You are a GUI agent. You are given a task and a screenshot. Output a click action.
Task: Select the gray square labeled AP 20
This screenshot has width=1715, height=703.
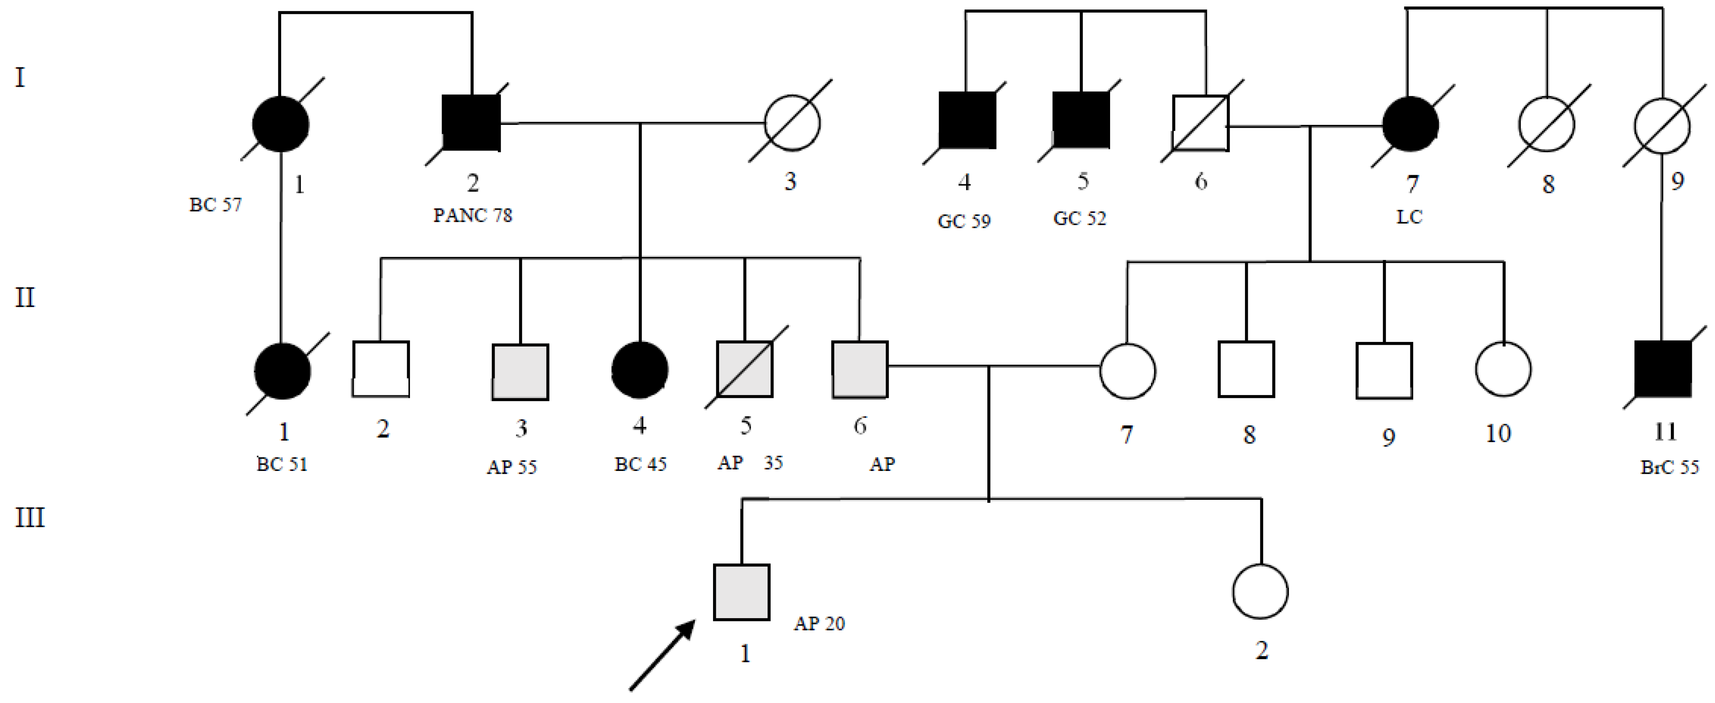point(742,592)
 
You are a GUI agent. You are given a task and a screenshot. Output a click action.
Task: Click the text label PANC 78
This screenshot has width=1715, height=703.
point(473,215)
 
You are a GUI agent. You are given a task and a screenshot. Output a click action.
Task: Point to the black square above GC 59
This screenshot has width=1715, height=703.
point(967,120)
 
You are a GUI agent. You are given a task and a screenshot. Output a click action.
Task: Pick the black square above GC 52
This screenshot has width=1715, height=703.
point(1081,120)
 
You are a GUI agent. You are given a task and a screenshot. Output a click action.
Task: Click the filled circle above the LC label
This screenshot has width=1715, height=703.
point(1410,125)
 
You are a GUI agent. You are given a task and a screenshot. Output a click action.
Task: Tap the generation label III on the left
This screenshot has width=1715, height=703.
point(30,518)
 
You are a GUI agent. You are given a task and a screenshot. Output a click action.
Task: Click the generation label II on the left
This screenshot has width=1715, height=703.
point(25,297)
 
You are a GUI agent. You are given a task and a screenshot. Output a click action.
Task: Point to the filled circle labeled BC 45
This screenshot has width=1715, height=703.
point(640,370)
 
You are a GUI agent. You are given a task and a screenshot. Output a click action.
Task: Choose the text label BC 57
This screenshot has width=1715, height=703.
point(215,204)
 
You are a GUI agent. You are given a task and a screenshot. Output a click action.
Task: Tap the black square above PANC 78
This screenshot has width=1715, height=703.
point(471,123)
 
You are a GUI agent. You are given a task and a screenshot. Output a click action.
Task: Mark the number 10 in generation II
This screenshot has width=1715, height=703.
point(1498,434)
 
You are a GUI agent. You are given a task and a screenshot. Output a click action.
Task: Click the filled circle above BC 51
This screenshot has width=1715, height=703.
point(283,371)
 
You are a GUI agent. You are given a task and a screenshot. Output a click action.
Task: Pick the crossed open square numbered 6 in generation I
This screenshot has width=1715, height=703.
point(1200,123)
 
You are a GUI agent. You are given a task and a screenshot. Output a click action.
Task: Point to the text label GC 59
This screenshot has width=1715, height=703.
point(963,221)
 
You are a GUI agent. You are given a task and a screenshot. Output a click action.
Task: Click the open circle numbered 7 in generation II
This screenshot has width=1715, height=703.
point(1127,371)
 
